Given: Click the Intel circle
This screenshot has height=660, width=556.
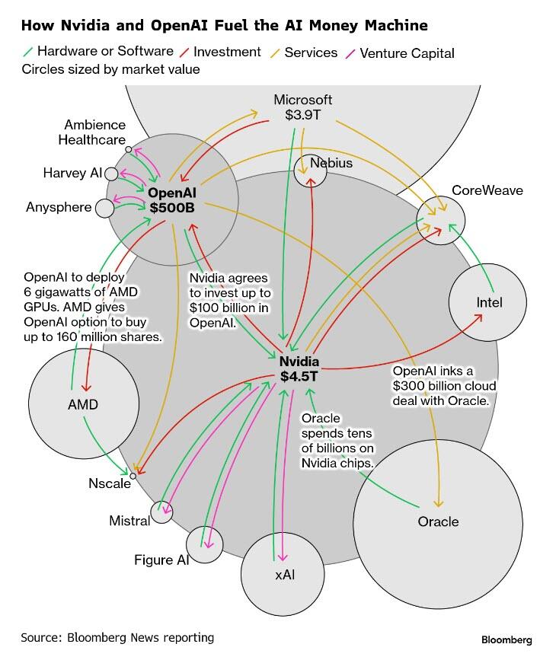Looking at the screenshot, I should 487,301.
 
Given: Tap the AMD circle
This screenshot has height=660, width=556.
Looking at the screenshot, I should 82,403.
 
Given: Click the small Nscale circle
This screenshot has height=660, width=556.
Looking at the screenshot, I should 133,476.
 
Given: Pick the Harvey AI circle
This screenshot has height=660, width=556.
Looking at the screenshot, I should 111,174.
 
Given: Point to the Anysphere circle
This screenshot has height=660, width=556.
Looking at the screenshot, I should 104,207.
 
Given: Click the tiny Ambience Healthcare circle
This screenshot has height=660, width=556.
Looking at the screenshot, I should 129,149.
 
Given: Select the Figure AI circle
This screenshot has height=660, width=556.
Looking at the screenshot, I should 204,543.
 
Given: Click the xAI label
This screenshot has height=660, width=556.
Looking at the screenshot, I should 285,575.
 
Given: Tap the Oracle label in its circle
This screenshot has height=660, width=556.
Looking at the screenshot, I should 438,521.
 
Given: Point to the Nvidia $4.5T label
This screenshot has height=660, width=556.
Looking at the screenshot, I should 299,369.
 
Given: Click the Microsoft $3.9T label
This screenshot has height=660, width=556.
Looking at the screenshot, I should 303,107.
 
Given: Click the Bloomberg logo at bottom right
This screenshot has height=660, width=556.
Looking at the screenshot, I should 506,639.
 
